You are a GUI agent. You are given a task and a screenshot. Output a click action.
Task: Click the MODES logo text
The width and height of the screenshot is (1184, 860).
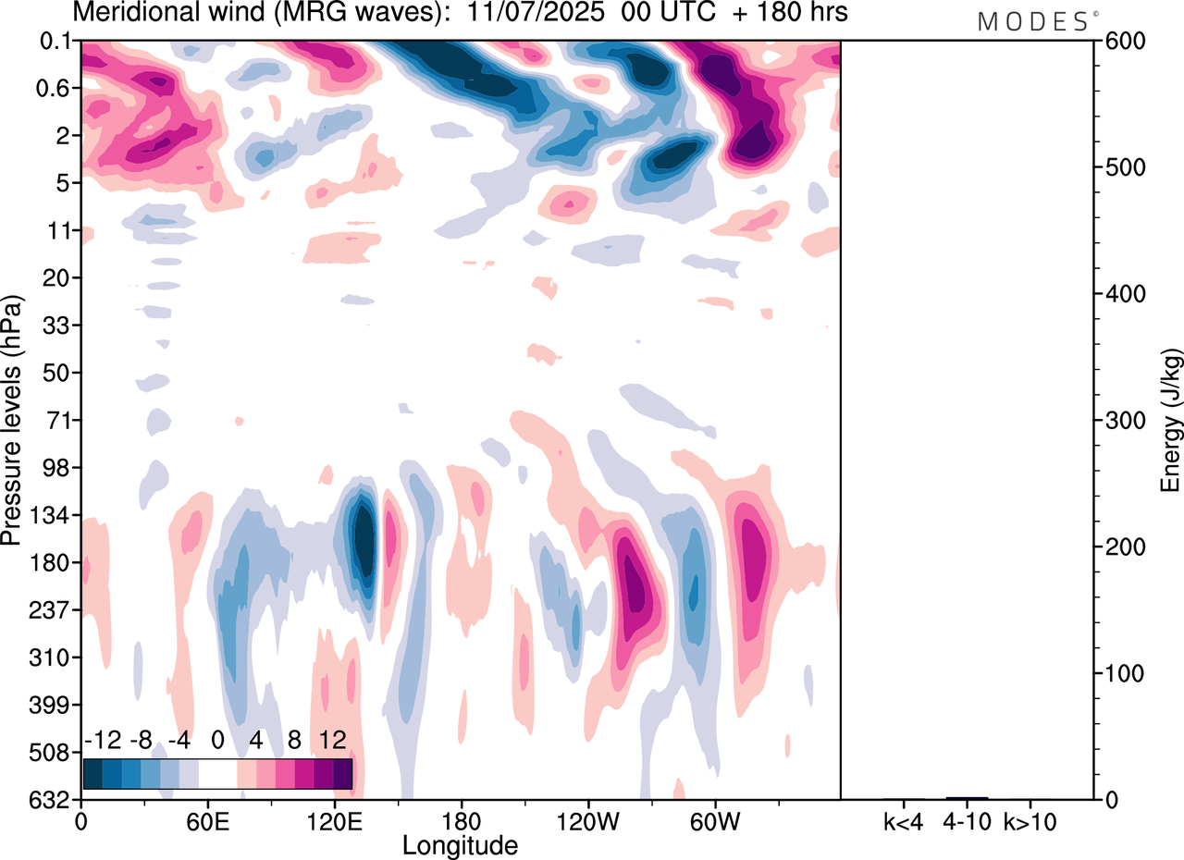click(1033, 21)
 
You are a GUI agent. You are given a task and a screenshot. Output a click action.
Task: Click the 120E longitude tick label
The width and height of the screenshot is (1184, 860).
click(333, 819)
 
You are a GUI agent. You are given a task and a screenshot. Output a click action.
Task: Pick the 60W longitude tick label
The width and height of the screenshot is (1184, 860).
click(714, 819)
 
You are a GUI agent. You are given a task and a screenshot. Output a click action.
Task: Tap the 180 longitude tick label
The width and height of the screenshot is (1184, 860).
click(460, 819)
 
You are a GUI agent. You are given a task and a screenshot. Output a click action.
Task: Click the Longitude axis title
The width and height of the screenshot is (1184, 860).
click(460, 844)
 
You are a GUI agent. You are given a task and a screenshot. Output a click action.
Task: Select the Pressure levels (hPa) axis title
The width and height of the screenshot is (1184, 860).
click(12, 421)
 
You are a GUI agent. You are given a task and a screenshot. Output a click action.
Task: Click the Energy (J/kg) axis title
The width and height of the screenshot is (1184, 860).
click(1171, 421)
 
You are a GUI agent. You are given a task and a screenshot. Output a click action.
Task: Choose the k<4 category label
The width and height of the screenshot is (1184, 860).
click(904, 820)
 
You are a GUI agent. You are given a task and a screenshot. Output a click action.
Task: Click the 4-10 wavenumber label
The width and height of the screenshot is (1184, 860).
click(967, 820)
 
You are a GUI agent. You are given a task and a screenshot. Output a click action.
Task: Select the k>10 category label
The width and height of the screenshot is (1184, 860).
click(1030, 820)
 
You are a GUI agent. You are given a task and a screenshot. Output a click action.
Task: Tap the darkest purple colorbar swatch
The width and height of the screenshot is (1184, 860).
click(343, 773)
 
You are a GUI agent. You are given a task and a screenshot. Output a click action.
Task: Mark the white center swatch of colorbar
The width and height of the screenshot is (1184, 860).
click(218, 773)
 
